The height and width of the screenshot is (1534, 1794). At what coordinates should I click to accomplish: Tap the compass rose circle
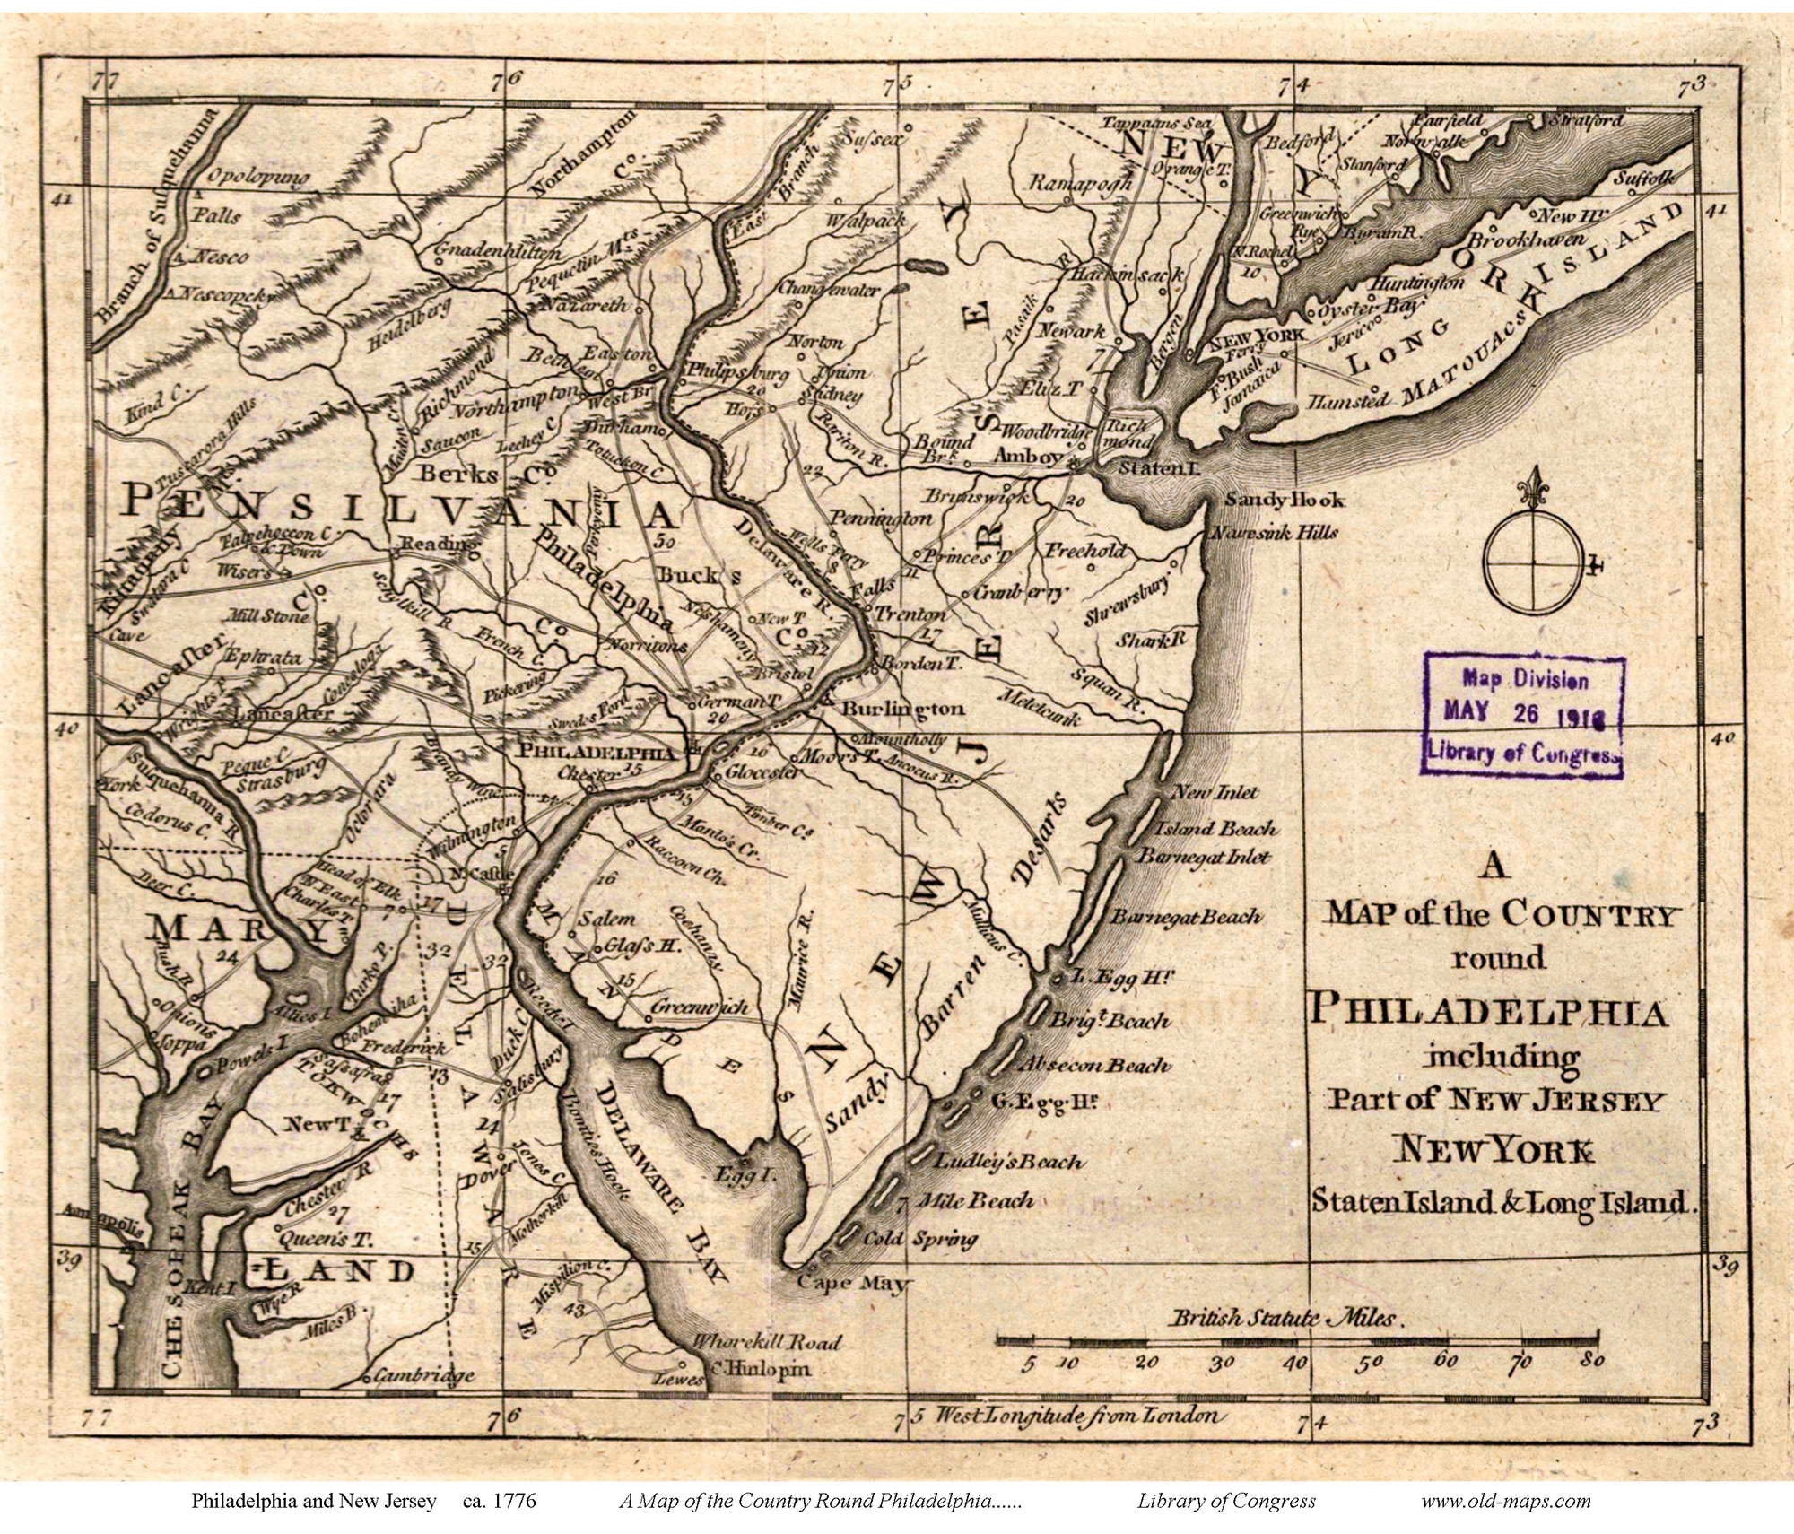(1533, 563)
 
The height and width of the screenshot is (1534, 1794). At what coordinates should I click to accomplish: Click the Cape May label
(851, 1283)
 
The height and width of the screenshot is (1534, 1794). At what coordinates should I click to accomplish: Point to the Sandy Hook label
(1284, 501)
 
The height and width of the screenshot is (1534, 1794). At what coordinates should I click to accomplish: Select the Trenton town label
(909, 614)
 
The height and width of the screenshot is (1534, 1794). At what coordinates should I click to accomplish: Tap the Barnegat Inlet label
(1204, 857)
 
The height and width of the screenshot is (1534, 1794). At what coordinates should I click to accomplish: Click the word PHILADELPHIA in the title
(1487, 1011)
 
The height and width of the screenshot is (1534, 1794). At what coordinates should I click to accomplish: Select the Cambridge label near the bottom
(423, 1375)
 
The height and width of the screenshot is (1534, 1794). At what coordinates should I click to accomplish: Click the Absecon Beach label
(1093, 1065)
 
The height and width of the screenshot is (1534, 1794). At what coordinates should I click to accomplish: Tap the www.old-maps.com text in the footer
(1506, 1501)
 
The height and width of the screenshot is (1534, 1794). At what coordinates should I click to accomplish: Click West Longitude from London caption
(1077, 1416)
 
